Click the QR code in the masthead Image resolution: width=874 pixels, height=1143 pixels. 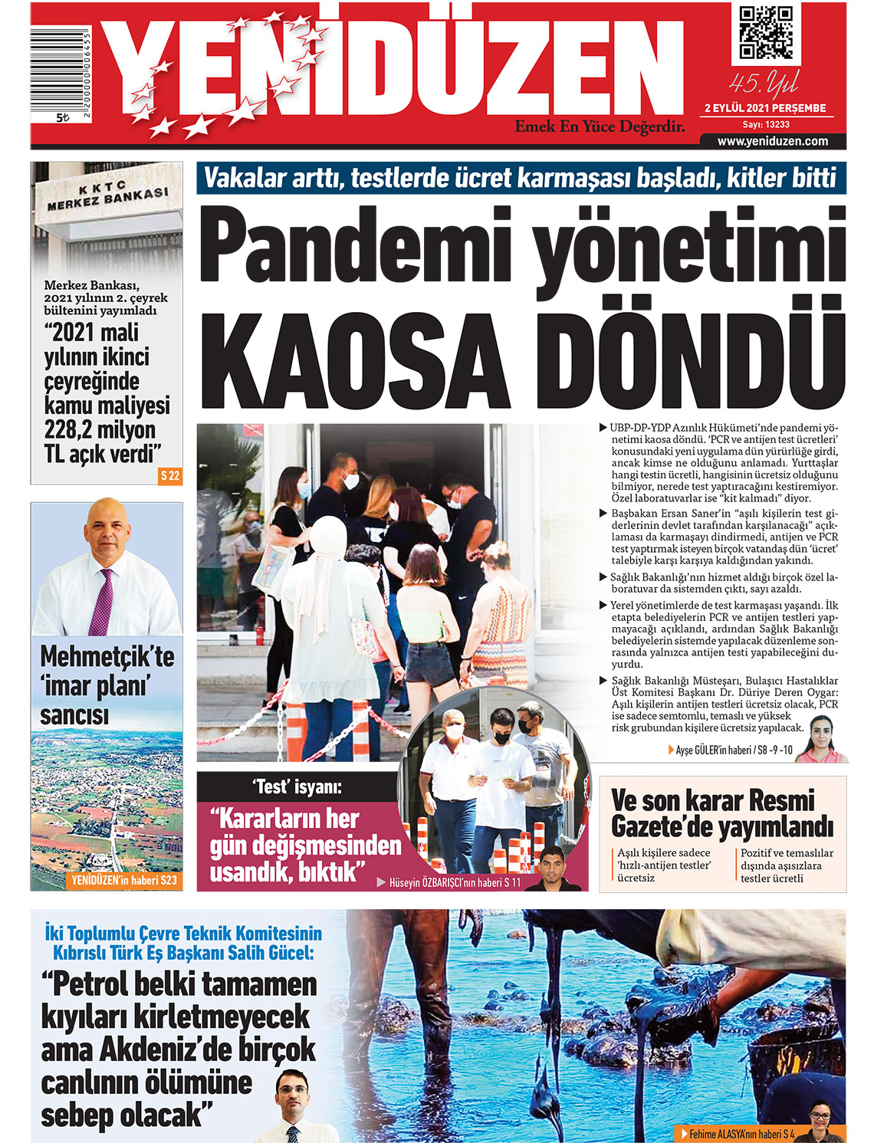pos(765,32)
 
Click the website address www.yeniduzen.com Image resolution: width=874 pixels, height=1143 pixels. pos(772,141)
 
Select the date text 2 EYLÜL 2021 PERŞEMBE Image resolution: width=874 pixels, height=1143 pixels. pos(765,108)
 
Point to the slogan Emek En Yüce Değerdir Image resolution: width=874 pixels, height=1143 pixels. pos(600,126)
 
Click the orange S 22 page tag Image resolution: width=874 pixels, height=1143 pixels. pos(170,476)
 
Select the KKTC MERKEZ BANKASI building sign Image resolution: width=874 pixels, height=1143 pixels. pos(107,196)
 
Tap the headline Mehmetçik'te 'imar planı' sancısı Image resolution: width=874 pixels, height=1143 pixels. pos(107,685)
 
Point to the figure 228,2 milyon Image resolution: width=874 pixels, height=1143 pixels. pos(100,429)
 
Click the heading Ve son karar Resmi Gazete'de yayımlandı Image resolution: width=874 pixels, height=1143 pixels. pos(721,814)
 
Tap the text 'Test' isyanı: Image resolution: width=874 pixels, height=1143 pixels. pos(297,787)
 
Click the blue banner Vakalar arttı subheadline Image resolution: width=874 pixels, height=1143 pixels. pos(521,179)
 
